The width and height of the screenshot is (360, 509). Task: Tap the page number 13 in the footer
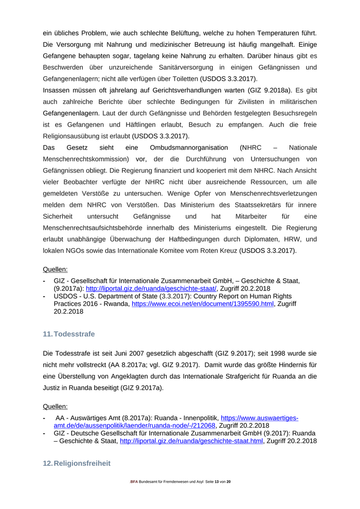[216, 481]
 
